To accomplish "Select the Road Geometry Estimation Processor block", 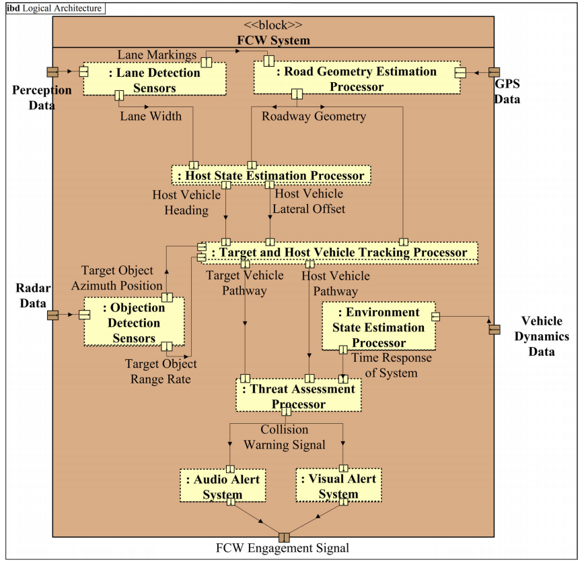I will point(357,79).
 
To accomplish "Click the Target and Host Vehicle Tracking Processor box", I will point(340,253).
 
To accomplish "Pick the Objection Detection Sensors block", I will point(134,323).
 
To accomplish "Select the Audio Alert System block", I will point(223,486).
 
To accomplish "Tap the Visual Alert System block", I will point(338,486).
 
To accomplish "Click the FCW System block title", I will point(273,40).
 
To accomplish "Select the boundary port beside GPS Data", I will point(494,72).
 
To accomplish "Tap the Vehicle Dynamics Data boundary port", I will point(494,328).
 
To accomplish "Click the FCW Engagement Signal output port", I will point(283,536).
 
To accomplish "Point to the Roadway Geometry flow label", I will point(314,117).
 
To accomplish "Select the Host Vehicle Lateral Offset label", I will point(309,201).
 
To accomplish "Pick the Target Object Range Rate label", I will point(161,371).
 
